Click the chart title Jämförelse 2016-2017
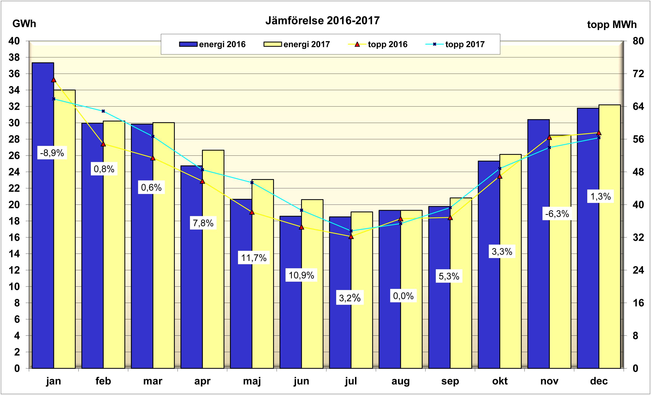322,21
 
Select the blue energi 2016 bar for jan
43,238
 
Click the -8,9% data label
52,153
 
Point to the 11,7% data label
254,258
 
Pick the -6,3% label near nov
557,213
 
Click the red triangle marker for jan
54,80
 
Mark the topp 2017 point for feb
103,111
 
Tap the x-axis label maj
252,381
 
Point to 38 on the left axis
14,57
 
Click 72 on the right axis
638,74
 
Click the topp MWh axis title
612,25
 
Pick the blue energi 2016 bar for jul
340,291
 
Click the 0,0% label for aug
403,296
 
